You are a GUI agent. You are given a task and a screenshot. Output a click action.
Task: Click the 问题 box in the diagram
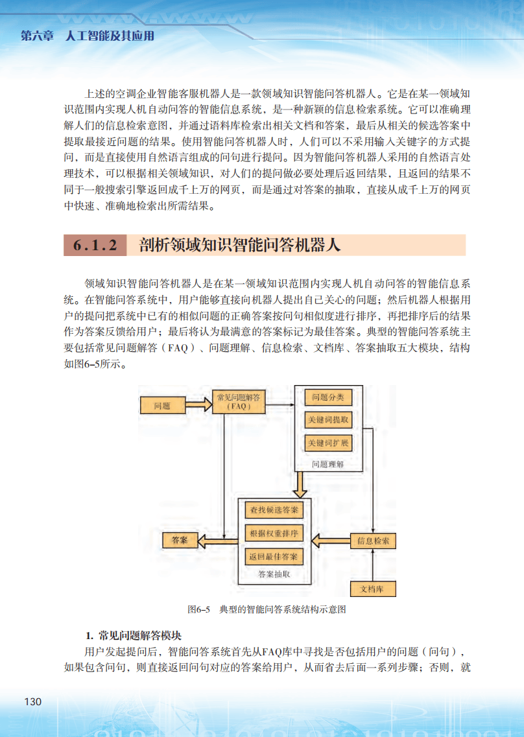(162, 406)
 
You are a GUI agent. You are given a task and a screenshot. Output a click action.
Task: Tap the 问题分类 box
(327, 397)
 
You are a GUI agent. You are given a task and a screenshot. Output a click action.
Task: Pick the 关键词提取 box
(327, 420)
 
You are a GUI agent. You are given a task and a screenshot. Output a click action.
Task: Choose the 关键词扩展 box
(327, 443)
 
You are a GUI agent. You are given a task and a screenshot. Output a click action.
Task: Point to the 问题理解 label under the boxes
(327, 464)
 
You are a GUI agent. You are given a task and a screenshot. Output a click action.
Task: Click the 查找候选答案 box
(274, 510)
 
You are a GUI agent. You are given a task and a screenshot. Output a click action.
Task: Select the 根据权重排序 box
(274, 533)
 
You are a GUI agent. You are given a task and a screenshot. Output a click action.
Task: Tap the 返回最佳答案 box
(274, 557)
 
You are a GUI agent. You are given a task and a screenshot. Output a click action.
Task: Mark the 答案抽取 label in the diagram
(274, 574)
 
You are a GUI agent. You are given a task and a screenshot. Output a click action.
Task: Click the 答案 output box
(180, 540)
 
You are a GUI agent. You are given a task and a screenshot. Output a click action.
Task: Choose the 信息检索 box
(373, 541)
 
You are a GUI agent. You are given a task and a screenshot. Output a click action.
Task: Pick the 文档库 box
(372, 589)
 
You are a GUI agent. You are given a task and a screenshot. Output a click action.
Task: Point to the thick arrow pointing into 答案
(217, 540)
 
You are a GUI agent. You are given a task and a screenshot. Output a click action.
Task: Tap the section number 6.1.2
(95, 246)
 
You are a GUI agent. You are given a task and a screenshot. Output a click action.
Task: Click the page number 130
(32, 702)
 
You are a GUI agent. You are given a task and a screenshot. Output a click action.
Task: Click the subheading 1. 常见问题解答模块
(134, 634)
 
